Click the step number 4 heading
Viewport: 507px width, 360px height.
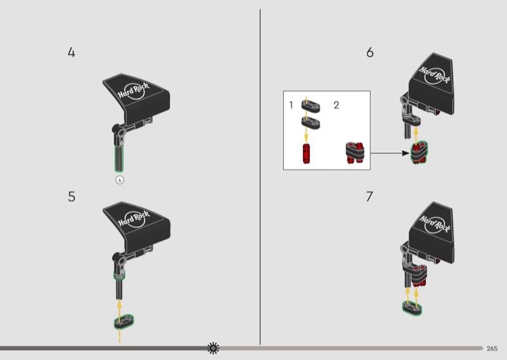point(72,53)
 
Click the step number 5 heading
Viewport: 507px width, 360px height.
point(72,196)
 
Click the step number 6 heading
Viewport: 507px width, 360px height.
point(370,53)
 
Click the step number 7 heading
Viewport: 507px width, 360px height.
point(369,196)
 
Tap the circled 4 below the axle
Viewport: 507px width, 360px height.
point(120,180)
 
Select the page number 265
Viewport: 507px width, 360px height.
point(492,349)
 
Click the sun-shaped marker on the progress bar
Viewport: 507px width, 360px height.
point(213,348)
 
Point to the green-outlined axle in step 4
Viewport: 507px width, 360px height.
point(119,158)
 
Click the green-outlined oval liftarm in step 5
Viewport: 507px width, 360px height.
point(124,321)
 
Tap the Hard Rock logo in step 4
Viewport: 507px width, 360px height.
point(133,91)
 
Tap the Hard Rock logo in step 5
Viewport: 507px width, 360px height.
point(133,219)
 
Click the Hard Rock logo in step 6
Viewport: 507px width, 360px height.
point(435,75)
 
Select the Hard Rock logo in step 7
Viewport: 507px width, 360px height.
point(435,224)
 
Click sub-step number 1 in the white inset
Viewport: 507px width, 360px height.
point(291,105)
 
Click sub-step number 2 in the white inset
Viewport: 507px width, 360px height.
point(337,105)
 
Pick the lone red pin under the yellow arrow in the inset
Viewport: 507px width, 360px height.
point(306,153)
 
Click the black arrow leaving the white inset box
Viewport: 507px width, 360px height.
point(390,153)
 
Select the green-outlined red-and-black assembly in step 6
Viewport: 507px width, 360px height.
point(419,152)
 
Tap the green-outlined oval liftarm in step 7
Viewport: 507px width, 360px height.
point(413,307)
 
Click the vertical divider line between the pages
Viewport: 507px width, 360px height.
point(260,177)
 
